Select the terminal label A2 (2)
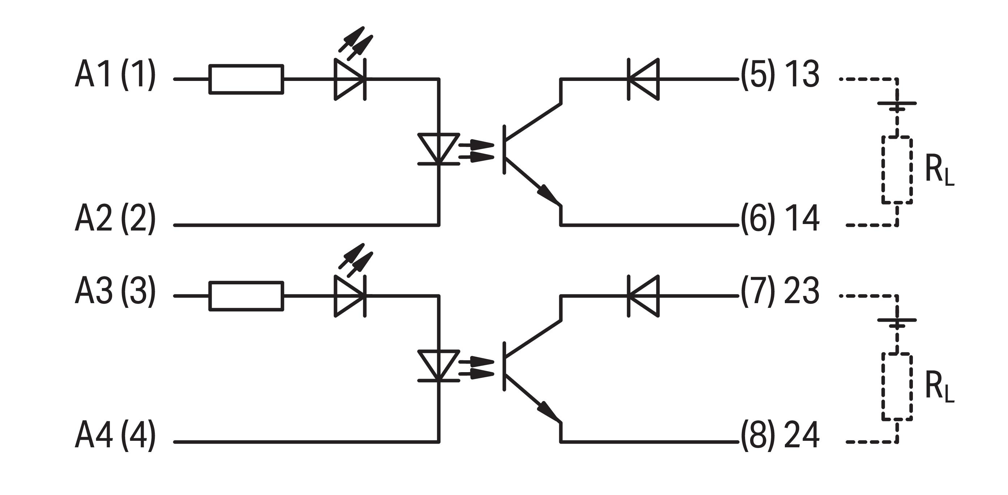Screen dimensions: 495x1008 tap(115, 219)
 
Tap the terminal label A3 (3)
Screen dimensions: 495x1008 tap(115, 291)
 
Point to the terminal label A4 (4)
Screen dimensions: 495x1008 tap(115, 435)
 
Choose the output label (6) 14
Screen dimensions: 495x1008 tap(780, 219)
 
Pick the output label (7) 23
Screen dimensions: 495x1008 tap(780, 291)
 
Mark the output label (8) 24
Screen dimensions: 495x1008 tap(780, 435)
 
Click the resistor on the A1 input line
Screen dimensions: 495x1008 tap(246, 79)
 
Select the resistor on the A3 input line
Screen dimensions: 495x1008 tap(246, 296)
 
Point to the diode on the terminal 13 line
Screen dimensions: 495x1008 tap(643, 79)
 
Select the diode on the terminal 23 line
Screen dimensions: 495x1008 tap(643, 296)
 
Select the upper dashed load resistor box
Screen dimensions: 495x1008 tap(897, 170)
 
